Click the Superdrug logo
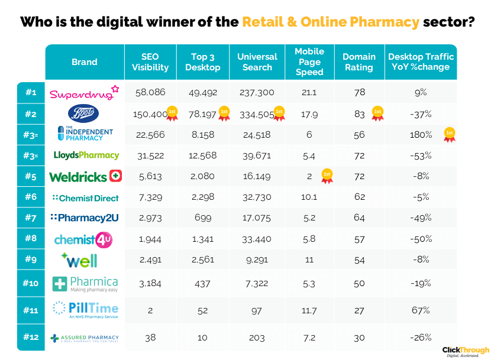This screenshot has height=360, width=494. coord(84,93)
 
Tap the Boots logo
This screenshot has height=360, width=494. coord(84,113)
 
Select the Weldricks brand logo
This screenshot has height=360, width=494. coord(85,176)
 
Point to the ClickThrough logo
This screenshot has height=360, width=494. coord(466,351)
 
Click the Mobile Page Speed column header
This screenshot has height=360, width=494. coord(309,62)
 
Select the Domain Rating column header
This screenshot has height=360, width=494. coord(359,62)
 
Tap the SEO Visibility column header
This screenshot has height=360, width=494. coord(150,62)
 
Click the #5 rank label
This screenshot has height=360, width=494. coord(31,177)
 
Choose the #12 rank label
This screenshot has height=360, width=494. coord(31,338)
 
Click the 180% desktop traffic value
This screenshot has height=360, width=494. coord(420,134)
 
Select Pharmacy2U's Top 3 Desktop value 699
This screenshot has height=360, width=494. coord(202,218)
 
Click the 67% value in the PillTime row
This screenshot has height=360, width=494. coord(420,310)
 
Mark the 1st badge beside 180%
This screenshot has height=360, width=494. coord(450,134)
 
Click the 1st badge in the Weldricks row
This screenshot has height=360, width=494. coord(327,176)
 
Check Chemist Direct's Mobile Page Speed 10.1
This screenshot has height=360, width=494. coord(309,197)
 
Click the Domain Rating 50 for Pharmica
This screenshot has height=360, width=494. coord(359,283)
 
